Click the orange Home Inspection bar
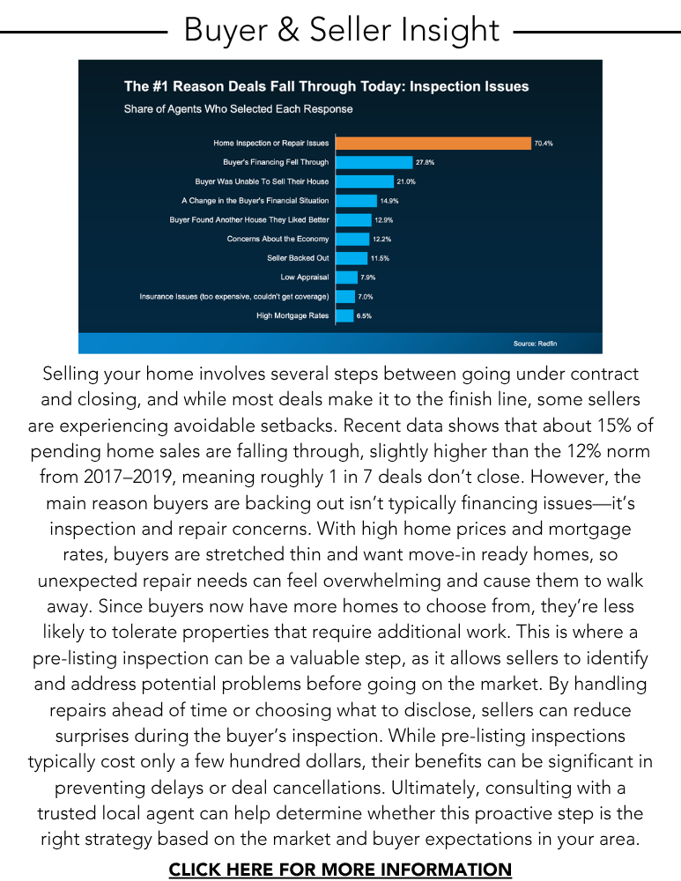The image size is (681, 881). coord(432,143)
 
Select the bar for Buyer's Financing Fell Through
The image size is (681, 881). coord(373,162)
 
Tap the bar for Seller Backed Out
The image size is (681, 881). coord(351,258)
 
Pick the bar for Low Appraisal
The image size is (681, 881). coord(345,278)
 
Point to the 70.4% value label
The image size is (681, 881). coord(544,143)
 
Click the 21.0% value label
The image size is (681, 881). coord(406,181)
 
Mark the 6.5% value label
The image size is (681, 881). coord(364,316)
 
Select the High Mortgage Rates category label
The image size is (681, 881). coord(292,316)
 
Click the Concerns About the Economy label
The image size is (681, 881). coord(278,239)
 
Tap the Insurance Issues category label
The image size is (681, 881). coord(234,297)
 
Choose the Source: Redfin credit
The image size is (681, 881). coord(534,343)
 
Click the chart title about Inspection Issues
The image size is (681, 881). coord(326,86)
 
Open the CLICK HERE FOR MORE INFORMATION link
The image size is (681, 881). coord(340,870)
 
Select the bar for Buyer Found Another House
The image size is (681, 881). coord(353,219)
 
